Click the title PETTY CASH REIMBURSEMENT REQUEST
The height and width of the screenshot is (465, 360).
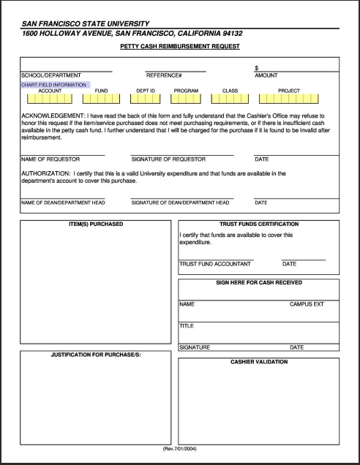pyautogui.click(x=180, y=46)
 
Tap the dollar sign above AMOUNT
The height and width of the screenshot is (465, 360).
pyautogui.click(x=256, y=67)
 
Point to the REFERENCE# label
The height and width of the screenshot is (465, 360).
pyautogui.click(x=164, y=75)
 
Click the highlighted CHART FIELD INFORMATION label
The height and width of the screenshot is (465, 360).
pyautogui.click(x=55, y=85)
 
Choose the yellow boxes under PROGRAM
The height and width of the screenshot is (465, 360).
pyautogui.click(x=186, y=99)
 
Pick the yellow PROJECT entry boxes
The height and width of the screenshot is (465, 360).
pyautogui.click(x=288, y=99)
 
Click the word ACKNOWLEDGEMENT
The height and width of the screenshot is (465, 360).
pyautogui.click(x=47, y=116)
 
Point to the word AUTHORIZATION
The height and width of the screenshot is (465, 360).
pyautogui.click(x=45, y=173)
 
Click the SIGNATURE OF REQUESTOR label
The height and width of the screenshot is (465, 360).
pyautogui.click(x=168, y=159)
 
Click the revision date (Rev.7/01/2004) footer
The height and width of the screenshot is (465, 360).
pyautogui.click(x=180, y=448)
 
